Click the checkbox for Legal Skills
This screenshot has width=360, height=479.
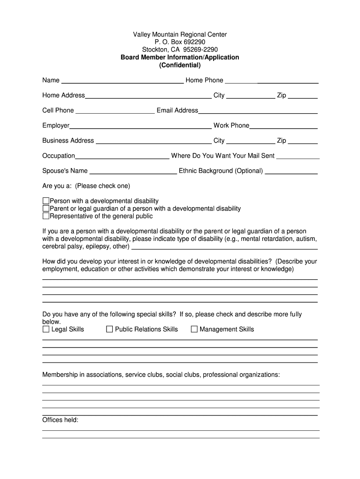point(46,329)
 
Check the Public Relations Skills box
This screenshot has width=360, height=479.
point(109,329)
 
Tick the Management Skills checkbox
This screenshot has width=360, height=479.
point(194,329)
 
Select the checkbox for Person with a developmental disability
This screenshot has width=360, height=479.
point(46,201)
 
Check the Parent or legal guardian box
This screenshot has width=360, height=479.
point(46,209)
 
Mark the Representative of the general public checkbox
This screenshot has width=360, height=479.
point(46,216)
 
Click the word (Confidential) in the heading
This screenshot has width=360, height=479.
point(180,65)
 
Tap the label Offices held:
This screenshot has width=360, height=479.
point(60,420)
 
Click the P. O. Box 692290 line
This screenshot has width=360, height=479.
point(180,42)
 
